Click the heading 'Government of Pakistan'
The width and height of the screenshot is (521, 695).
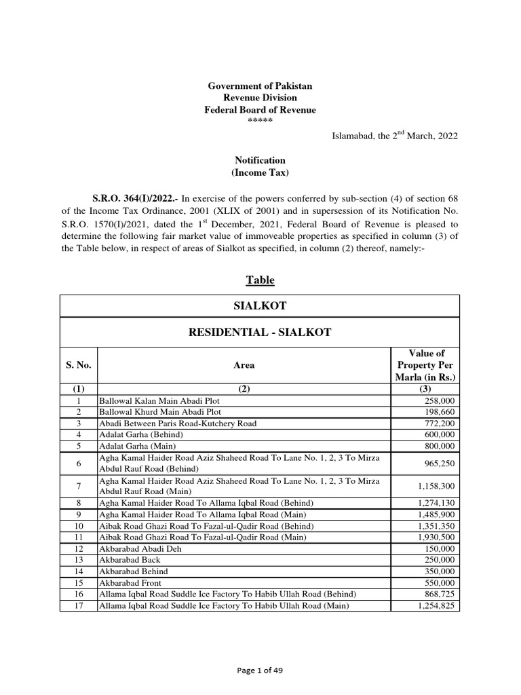260,86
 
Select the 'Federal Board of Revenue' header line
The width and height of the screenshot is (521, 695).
260,110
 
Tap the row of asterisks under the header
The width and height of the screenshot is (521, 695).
260,121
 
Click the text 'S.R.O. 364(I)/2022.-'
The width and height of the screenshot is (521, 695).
132,198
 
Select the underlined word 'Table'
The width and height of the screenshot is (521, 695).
260,280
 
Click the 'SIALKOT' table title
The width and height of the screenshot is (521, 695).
260,306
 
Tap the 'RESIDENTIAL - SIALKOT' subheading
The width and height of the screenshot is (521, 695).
260,333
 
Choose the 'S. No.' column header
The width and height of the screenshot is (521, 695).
79,365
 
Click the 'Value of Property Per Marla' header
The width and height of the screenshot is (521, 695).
425,365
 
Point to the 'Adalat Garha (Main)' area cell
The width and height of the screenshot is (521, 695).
138,446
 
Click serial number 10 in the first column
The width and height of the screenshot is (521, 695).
79,526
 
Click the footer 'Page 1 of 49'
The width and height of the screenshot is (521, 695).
260,670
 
